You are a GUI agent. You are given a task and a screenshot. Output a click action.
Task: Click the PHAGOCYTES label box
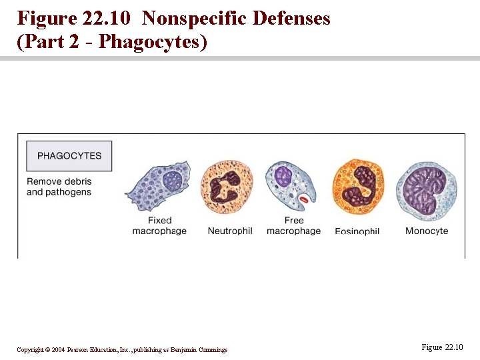point(69,156)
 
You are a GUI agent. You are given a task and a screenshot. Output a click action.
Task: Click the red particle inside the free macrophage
point(304,199)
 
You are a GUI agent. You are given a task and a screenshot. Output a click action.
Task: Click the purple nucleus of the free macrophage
point(284,176)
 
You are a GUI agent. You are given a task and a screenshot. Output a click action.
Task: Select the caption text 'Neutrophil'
point(230,231)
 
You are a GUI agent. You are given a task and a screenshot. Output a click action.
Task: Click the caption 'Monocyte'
point(427,231)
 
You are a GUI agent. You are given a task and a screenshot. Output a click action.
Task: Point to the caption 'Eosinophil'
point(357,231)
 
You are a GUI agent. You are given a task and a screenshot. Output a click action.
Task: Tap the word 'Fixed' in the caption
point(159,221)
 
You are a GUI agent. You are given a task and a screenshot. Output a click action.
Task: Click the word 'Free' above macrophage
point(293,221)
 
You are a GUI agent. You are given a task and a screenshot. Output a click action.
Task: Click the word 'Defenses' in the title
point(291,18)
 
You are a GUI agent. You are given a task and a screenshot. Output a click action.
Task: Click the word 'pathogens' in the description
point(68,193)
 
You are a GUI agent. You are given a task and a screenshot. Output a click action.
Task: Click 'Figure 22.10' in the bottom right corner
point(442,347)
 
